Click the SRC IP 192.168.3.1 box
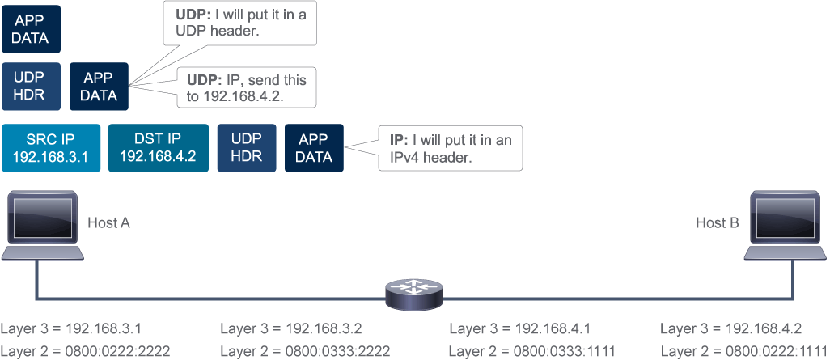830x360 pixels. (51, 148)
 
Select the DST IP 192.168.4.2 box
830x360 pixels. (158, 148)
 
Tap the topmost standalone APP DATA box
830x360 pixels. (32, 29)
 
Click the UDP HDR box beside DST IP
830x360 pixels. (247, 148)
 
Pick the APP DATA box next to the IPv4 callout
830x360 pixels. (314, 148)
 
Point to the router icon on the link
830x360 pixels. (413, 294)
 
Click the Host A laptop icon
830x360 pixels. (42, 226)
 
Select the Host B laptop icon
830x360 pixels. (786, 226)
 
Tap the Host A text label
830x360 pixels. (108, 223)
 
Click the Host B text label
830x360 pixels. (718, 223)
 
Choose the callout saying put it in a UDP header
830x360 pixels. (241, 23)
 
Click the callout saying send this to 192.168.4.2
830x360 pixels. (247, 87)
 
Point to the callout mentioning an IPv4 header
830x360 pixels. (451, 148)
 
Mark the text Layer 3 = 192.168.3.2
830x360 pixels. (291, 328)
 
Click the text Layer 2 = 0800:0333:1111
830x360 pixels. (532, 351)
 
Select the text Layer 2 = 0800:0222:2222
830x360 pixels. (85, 351)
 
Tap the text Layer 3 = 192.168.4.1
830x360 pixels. (520, 328)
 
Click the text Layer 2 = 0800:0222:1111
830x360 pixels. (743, 351)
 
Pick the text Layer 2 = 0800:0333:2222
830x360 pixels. (305, 351)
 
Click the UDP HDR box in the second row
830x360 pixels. (32, 87)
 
